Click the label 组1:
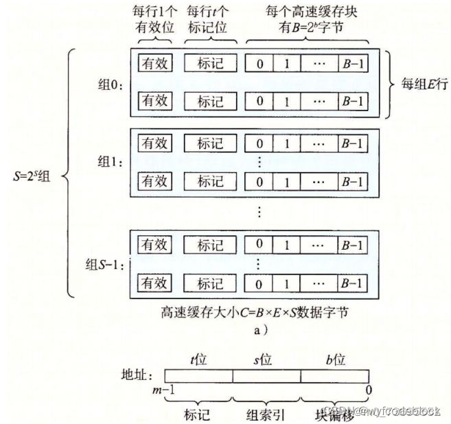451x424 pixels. click(x=109, y=163)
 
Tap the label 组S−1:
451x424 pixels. click(x=104, y=263)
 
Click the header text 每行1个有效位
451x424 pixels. click(x=155, y=20)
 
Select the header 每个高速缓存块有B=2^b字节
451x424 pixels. click(x=307, y=20)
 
